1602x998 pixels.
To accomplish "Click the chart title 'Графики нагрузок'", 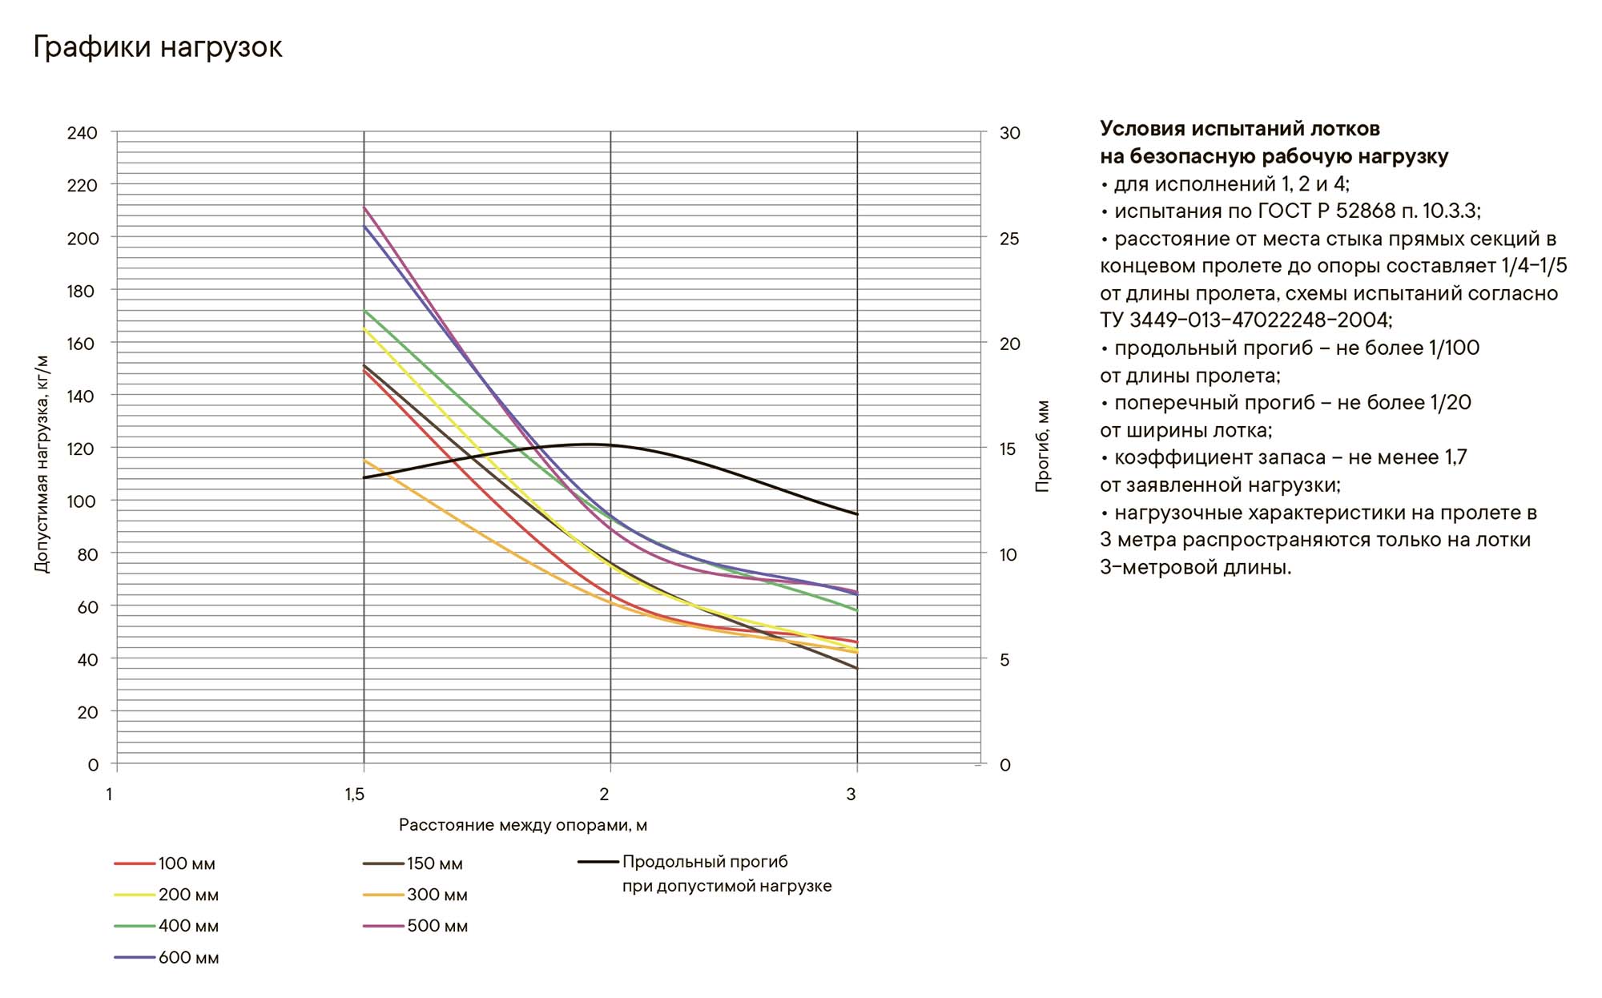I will (157, 47).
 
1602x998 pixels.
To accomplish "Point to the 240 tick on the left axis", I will (82, 133).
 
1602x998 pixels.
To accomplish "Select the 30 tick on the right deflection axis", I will (1009, 133).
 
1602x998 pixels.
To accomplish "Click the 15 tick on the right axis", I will (1008, 449).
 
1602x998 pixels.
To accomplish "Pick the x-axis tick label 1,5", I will (355, 794).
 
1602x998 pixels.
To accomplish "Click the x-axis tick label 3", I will (851, 794).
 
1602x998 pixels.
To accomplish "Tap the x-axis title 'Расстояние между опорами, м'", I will (523, 825).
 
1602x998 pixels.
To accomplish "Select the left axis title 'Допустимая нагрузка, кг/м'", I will (42, 464).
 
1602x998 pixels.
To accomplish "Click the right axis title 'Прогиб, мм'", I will (1042, 446).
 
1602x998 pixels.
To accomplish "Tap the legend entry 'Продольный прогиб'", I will (705, 862).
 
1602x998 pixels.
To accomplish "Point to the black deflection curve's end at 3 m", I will (857, 514).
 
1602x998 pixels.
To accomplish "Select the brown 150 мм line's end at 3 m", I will (857, 668).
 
